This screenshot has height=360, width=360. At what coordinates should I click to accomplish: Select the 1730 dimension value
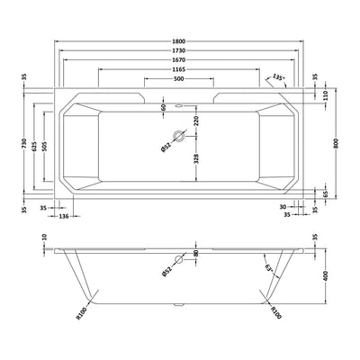coord(184,52)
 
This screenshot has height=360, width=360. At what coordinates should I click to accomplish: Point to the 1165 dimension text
coord(184,69)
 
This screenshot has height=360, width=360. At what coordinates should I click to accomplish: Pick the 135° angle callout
coord(278,78)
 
